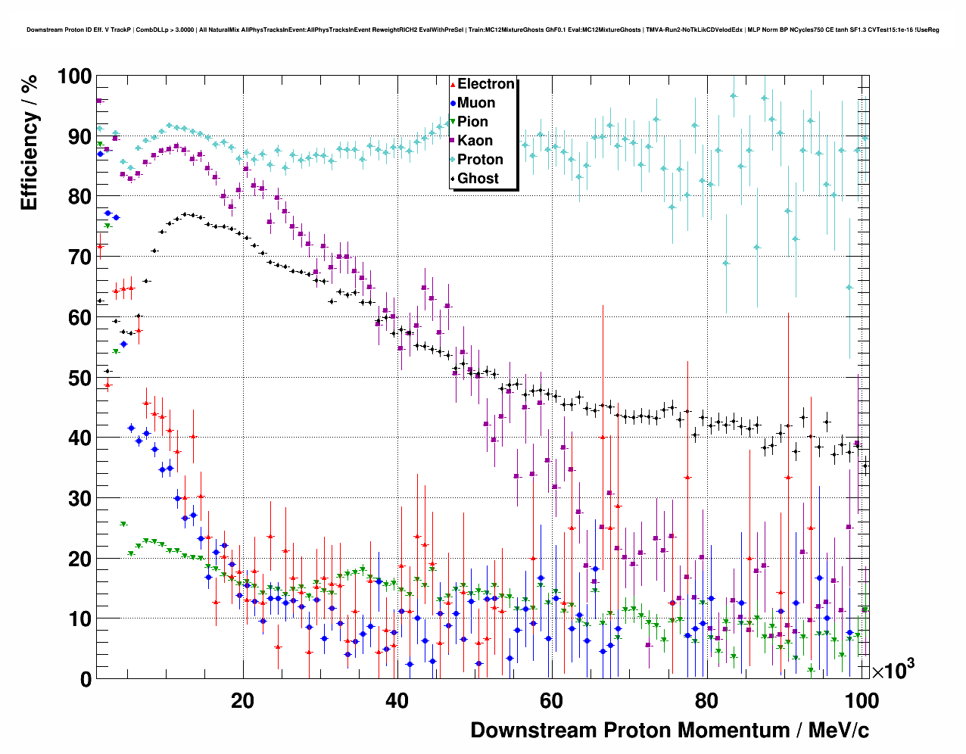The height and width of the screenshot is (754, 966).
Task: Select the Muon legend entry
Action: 476,103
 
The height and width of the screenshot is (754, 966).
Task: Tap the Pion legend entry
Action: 472,122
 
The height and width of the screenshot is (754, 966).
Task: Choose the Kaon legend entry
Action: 475,141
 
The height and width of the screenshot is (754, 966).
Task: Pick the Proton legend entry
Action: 480,160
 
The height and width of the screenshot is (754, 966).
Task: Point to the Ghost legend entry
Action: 478,179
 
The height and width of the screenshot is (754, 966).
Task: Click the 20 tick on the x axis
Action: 243,700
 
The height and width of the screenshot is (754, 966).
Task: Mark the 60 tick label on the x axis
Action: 552,700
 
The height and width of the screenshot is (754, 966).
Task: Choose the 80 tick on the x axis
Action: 706,700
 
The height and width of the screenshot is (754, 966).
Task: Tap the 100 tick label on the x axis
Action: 861,700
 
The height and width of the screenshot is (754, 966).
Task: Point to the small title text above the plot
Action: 482,30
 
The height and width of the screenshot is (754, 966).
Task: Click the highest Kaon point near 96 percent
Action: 98,101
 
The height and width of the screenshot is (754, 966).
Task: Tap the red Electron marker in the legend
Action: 453,84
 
